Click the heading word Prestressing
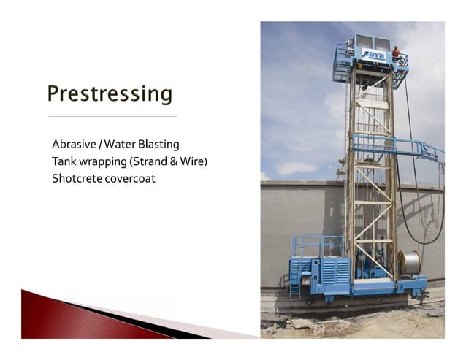tap(110, 93)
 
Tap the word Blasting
tap(158, 144)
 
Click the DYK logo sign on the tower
tap(373, 54)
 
